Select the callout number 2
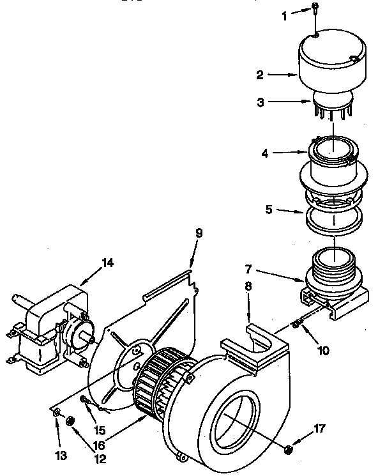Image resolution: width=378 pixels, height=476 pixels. [260, 75]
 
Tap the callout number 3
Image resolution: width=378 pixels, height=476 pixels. [260, 102]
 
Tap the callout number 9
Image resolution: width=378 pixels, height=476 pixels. [199, 233]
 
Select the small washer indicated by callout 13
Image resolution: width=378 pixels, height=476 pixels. [57, 413]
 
